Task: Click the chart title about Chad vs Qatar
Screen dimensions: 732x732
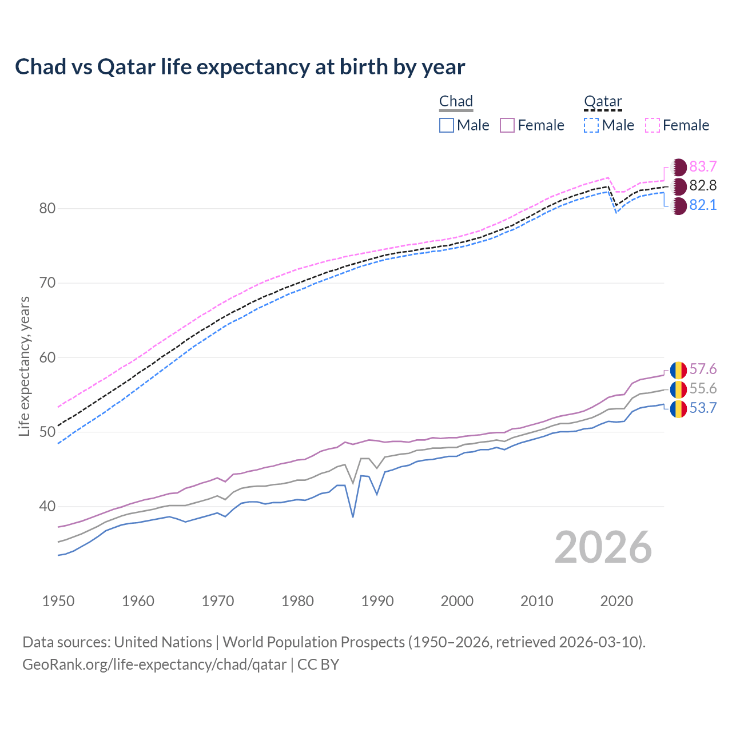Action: coord(240,67)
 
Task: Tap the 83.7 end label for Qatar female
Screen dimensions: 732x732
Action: coord(703,166)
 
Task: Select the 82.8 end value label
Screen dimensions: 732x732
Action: coord(703,185)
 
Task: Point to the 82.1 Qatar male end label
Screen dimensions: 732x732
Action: coord(703,205)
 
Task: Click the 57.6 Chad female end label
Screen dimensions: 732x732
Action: coord(703,369)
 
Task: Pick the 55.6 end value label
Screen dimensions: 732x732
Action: coord(703,389)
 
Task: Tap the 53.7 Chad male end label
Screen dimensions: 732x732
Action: coord(703,408)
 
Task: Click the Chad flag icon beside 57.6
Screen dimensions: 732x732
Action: coord(678,370)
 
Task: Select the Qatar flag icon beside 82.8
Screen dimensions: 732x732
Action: coord(678,186)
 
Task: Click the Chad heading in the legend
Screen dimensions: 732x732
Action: coord(456,102)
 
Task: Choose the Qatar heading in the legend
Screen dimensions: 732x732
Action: coord(603,102)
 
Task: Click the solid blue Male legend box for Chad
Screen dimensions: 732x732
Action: coord(447,125)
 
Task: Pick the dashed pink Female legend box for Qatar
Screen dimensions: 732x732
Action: coord(653,125)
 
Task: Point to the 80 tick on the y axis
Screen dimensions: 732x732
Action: coord(47,209)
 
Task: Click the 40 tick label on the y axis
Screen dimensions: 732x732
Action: coord(47,507)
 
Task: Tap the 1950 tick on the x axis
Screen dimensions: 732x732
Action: coord(58,601)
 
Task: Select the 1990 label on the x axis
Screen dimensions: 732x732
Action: coord(377,601)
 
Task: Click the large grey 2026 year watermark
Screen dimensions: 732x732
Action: coord(603,547)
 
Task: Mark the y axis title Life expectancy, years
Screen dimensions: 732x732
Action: coord(25,366)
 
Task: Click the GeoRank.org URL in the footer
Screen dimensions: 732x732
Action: coord(154,665)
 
